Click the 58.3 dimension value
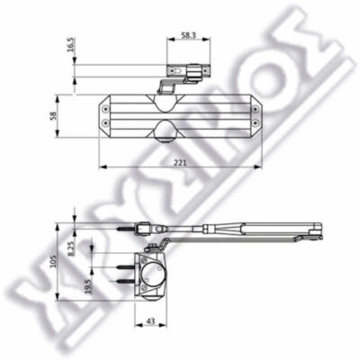click(188, 35)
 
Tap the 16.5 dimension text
click(70, 45)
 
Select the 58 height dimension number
click(53, 116)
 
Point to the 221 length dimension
click(181, 162)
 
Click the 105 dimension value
click(53, 261)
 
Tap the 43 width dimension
click(151, 321)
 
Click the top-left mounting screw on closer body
click(105, 110)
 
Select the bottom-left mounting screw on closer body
click(105, 122)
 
